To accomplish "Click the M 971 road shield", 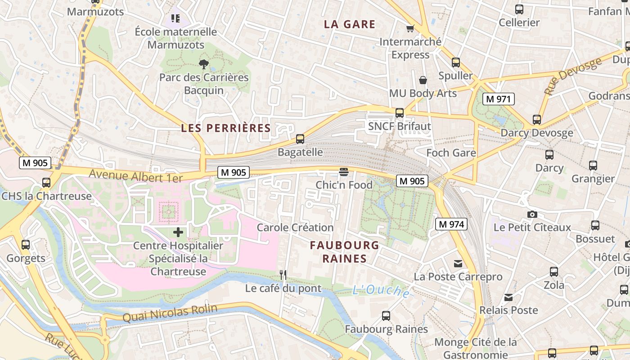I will coord(498,99).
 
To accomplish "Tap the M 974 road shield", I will coord(451,224).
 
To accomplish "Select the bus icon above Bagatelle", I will coord(300,139).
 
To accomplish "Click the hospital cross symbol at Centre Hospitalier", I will coord(178,232).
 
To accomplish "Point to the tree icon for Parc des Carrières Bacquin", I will coord(204,64).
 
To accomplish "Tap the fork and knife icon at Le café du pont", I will coord(283,274).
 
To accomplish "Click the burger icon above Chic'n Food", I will coord(344,171).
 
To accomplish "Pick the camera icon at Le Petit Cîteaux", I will coord(532,214).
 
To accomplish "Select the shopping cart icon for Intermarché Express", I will coord(410,29).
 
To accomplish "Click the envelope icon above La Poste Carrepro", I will coord(458,263).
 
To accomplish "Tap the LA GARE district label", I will coord(350,24).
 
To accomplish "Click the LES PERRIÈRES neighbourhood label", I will coord(226,128).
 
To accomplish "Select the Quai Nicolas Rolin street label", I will coord(170,313).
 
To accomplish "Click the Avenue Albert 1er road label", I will coord(136,175).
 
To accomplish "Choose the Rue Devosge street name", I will coord(572,76).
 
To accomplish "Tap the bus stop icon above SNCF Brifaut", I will coord(399,113).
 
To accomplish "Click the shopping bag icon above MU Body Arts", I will coord(423,80).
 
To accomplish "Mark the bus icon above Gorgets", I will coord(26,245).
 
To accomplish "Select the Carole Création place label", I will coord(295,227).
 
